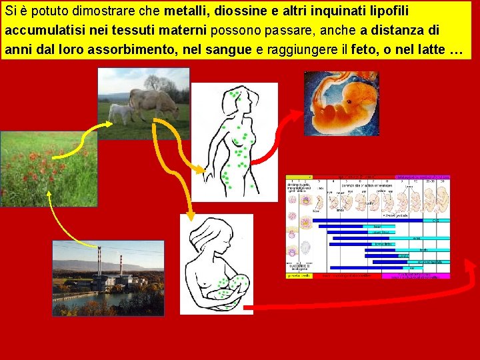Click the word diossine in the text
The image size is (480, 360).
237,11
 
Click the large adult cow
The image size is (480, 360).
153,103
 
